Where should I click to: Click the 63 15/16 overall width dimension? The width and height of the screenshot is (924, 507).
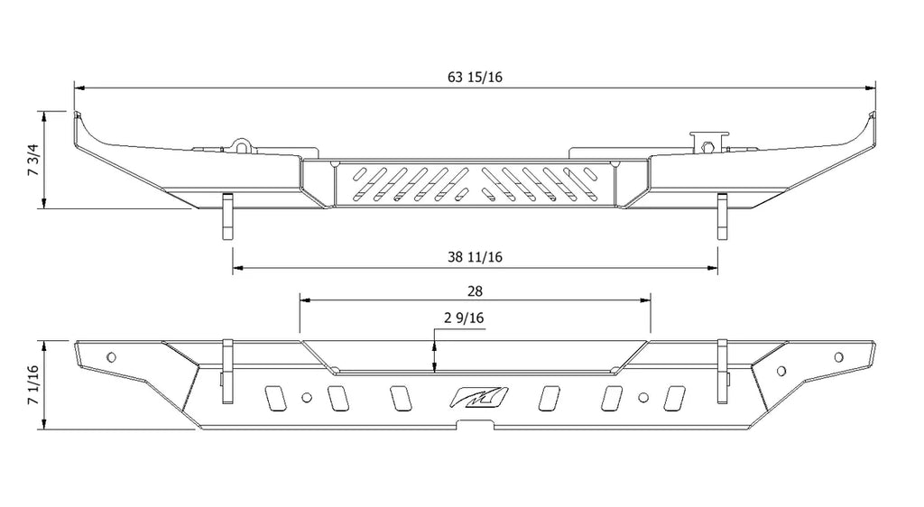click(475, 77)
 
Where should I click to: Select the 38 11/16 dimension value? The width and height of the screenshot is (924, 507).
click(475, 257)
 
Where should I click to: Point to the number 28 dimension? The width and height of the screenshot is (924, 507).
click(476, 290)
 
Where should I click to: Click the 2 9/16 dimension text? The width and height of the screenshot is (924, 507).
click(465, 318)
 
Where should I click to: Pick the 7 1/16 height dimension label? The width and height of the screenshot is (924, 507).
click(33, 385)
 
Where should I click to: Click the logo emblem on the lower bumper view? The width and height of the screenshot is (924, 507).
click(480, 398)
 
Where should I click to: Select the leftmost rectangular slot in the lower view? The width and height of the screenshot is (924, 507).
click(271, 398)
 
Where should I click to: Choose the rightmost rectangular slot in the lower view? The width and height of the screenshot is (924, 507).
click(673, 398)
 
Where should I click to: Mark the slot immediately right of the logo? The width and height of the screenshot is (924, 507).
click(548, 398)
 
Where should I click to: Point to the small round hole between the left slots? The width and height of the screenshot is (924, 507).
click(308, 397)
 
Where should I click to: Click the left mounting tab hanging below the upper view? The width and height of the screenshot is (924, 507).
click(226, 217)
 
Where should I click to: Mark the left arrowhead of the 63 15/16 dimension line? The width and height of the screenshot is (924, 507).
click(79, 88)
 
